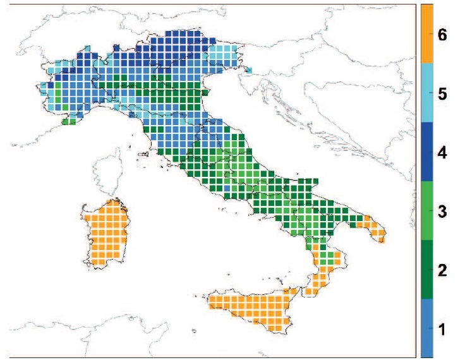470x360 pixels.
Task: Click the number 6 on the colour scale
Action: [x=442, y=35]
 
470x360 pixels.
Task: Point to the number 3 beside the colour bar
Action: [x=442, y=211]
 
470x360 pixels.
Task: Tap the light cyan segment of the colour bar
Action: [x=427, y=93]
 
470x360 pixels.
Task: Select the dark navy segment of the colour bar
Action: [x=427, y=152]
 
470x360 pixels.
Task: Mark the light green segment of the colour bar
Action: [x=427, y=211]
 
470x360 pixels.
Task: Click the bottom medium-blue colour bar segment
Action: [x=427, y=328]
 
